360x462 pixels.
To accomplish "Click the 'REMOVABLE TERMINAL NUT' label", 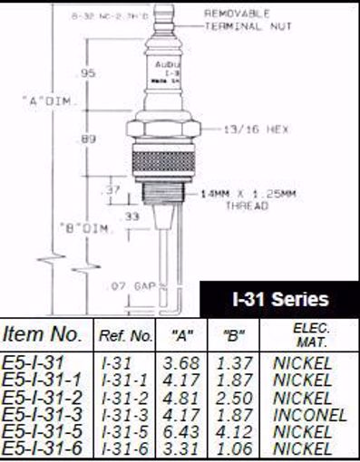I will tap(241, 18).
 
